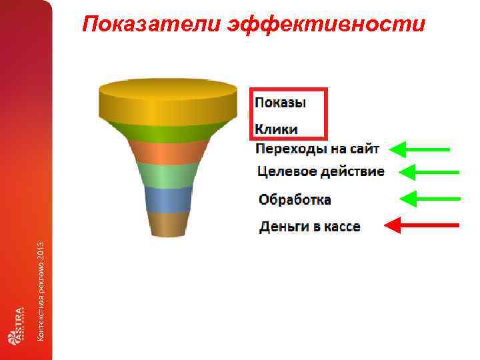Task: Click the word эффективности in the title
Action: tap(326, 25)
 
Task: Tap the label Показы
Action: tap(281, 103)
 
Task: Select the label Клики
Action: tap(277, 129)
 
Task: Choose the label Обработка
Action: tap(295, 199)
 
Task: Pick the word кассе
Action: tap(342, 227)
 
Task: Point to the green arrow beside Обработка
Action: tap(429, 199)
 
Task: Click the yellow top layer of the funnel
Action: tap(168, 103)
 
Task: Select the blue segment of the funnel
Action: tap(168, 199)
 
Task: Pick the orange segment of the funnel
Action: tap(167, 152)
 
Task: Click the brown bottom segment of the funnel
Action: tap(168, 225)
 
